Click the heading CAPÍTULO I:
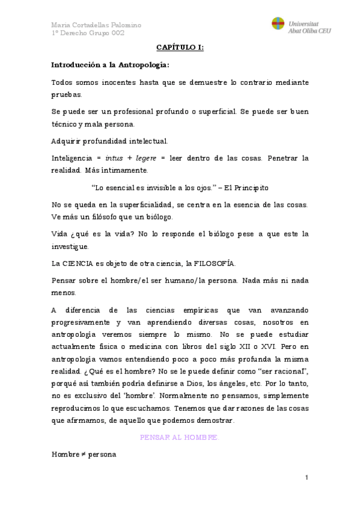[180, 48]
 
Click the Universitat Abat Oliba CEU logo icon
[278, 24]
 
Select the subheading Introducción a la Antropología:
[111, 64]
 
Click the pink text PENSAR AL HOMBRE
[180, 437]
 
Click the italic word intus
[114, 158]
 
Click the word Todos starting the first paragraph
[63, 82]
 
